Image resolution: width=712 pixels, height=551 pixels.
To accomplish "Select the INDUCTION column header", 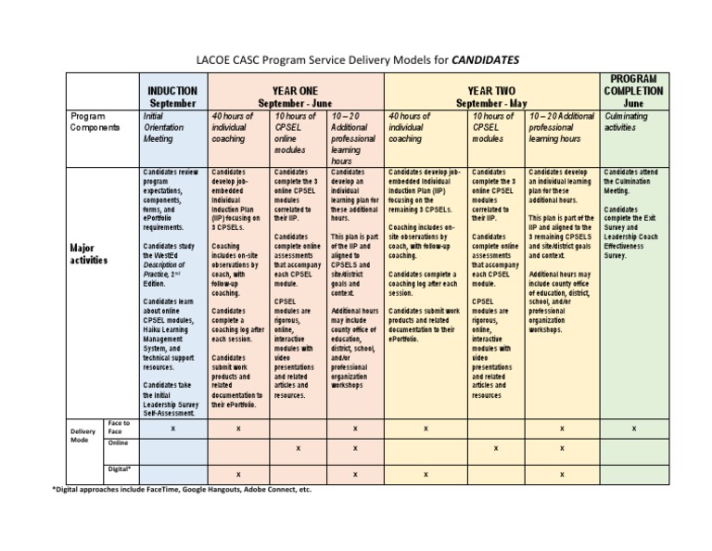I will click(172, 91).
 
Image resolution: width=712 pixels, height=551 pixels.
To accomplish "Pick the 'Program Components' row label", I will click(95, 122).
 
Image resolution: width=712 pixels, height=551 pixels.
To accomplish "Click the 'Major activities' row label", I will click(89, 254).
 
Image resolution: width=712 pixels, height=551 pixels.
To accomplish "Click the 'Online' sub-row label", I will click(118, 443).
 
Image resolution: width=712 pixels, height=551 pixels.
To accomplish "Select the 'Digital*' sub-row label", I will click(120, 469).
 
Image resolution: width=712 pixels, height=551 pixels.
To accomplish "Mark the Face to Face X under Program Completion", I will click(633, 429).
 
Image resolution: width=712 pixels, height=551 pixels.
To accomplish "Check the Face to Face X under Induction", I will click(172, 429).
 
